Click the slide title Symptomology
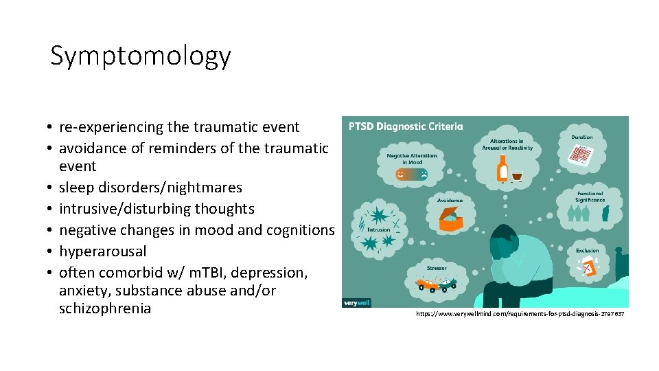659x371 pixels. pos(140,56)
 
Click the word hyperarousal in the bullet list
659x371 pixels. pos(102,251)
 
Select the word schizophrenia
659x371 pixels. pos(105,308)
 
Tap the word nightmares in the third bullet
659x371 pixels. pos(206,188)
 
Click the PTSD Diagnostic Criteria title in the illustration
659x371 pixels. pos(406,126)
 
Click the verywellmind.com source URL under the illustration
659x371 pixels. pos(520,314)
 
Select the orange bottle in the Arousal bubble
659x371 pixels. pos(502,169)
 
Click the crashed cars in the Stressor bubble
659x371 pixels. pos(436,283)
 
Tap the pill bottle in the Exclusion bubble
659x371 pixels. pos(588,269)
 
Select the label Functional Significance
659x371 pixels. pos(590,196)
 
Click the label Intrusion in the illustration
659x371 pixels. pos(378,230)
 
